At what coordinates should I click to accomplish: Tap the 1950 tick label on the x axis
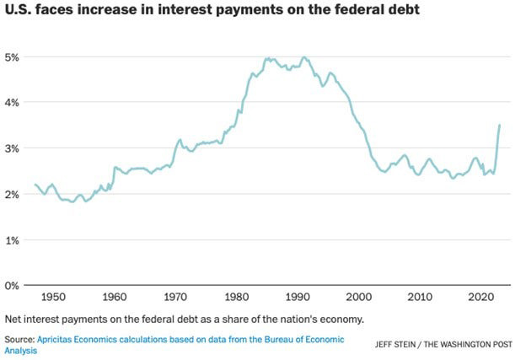(52, 298)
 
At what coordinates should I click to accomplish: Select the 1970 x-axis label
(176, 298)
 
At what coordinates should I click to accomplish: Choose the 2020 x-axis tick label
(481, 298)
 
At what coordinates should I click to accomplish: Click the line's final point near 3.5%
(500, 125)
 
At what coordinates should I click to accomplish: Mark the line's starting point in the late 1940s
(35, 185)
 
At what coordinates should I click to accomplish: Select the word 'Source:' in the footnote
(19, 339)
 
